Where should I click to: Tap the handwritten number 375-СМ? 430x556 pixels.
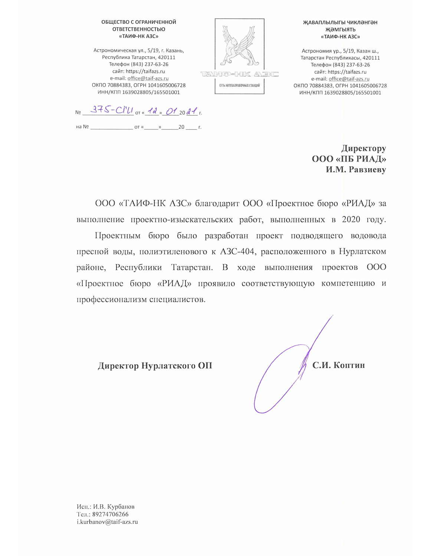pyautogui.click(x=112, y=110)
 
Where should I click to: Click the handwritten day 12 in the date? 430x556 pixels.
pyautogui.click(x=152, y=110)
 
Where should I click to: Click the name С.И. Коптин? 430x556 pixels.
pyautogui.click(x=338, y=365)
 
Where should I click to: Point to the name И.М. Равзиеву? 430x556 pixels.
pyautogui.click(x=356, y=170)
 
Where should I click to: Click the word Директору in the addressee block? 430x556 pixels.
pyautogui.click(x=364, y=148)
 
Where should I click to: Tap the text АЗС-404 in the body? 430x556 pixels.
pyautogui.click(x=237, y=252)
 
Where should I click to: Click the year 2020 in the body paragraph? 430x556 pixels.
pyautogui.click(x=351, y=219)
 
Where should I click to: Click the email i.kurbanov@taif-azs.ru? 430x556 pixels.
pyautogui.click(x=107, y=522)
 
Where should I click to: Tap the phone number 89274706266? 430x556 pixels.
pyautogui.click(x=110, y=514)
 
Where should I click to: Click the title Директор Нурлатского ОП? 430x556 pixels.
pyautogui.click(x=155, y=366)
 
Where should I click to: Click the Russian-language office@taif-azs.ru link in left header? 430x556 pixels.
pyautogui.click(x=148, y=79)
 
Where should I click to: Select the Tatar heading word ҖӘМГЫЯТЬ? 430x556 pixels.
pyautogui.click(x=340, y=30)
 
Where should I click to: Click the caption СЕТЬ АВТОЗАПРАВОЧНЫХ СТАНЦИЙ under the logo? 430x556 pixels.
pyautogui.click(x=239, y=86)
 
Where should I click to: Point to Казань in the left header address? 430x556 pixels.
pyautogui.click(x=175, y=50)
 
